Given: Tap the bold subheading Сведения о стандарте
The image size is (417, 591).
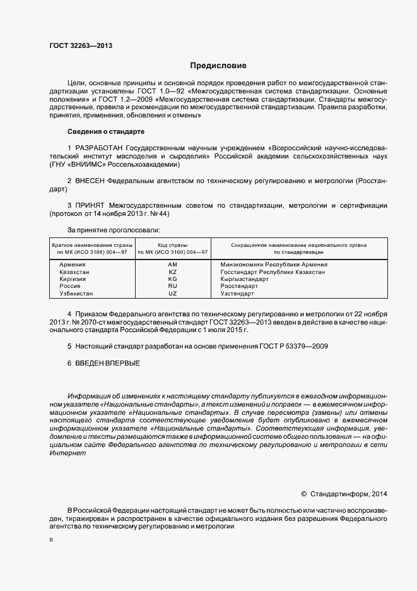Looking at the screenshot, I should coord(105,131).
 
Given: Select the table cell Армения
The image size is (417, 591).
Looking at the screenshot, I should coord(72,265).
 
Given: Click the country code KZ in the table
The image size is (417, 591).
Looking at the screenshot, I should coord(173,272).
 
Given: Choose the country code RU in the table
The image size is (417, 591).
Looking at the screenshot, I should coord(173,287).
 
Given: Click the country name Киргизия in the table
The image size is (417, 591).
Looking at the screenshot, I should coord(73,279).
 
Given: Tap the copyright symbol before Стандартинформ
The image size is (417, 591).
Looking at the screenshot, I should coord(303,494).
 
